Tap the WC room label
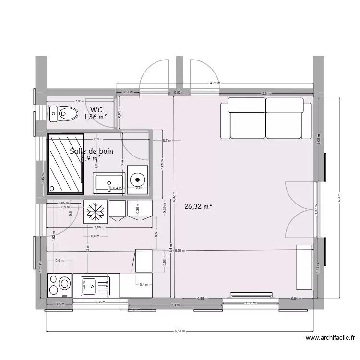tap(96, 109)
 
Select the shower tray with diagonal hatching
tap(66, 164)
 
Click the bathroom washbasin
tap(109, 183)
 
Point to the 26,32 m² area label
tap(198, 207)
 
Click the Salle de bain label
tap(91, 151)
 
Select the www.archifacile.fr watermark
tap(332, 338)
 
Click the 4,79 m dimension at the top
tap(215, 83)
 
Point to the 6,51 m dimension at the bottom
tap(179, 331)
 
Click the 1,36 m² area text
tap(95, 117)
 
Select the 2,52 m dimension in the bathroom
tap(97, 140)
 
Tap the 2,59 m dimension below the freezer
tap(99, 228)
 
